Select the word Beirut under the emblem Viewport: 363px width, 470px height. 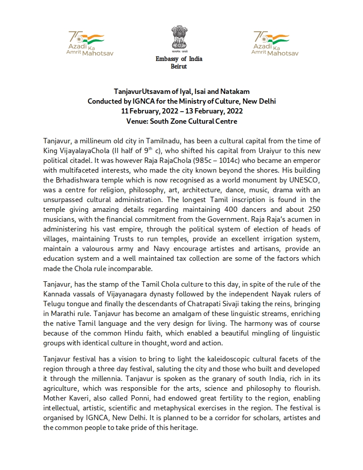179,67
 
